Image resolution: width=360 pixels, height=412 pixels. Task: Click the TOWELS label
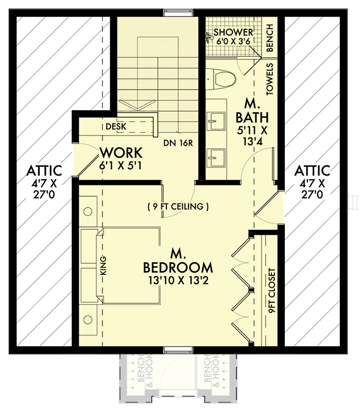pos(269,79)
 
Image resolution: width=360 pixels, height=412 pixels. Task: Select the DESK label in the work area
pos(116,126)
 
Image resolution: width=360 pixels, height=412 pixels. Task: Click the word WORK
pos(122,152)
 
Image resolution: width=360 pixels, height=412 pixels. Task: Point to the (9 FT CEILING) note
pos(178,207)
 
